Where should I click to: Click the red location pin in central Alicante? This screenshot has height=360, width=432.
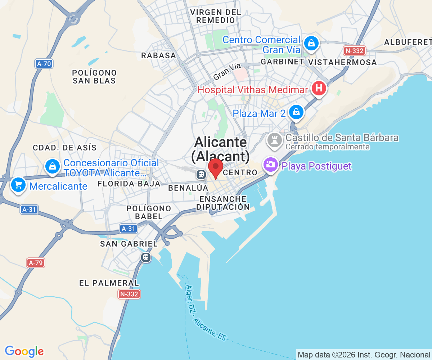point(216,167)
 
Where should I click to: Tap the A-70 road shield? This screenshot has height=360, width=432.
point(44,64)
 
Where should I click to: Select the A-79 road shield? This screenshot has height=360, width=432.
point(36,263)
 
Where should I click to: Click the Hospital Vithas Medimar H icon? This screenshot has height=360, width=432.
point(319,88)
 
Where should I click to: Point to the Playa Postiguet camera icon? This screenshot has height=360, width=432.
point(271,165)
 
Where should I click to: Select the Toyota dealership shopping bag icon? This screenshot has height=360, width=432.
point(53,166)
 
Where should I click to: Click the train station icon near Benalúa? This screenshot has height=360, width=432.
point(201,175)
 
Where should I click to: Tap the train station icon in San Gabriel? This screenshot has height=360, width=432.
point(146,257)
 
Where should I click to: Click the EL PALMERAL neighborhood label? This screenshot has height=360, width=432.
point(109,283)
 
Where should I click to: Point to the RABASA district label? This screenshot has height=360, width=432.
point(158,55)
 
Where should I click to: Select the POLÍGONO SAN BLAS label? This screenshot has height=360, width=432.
point(94,77)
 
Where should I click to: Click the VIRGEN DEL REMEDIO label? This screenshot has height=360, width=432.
point(216,16)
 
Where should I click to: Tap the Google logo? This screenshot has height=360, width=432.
point(24,351)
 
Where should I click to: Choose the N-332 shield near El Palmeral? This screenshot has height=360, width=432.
point(129,294)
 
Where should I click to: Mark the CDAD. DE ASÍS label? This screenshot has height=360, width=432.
point(65,148)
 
